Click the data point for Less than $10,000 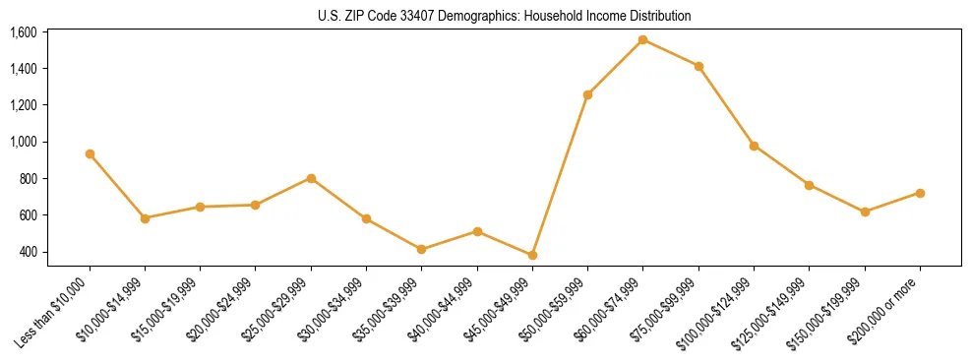tap(90, 153)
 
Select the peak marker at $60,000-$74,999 tap(642, 39)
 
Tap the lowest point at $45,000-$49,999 tap(532, 255)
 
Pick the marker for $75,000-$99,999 tap(698, 66)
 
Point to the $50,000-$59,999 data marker tap(587, 94)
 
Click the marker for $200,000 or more tap(920, 193)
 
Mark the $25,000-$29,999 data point tap(311, 178)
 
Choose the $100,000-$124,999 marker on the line tap(754, 146)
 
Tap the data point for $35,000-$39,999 tap(421, 249)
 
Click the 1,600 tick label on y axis tap(23, 32)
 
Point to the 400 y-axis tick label tap(28, 252)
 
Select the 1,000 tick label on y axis tap(23, 142)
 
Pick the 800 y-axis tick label tap(28, 179)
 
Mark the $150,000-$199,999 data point tap(865, 212)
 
